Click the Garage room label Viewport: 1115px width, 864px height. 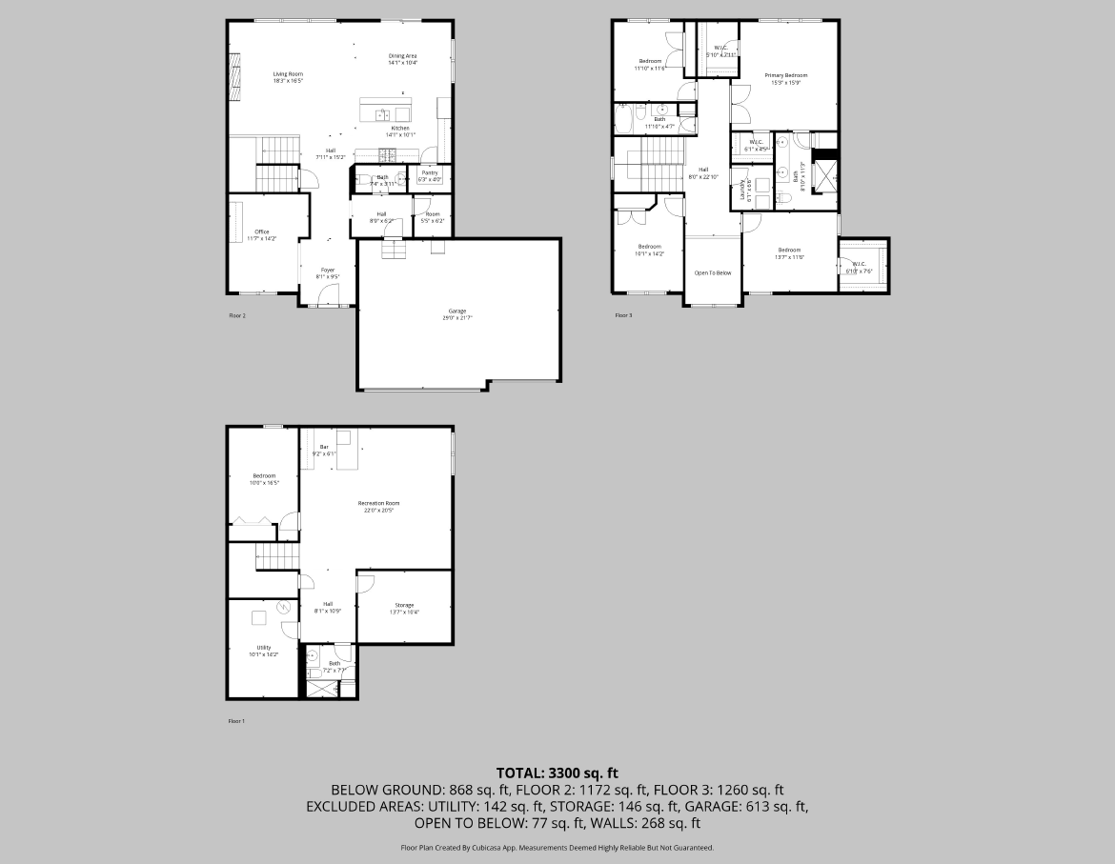pyautogui.click(x=457, y=311)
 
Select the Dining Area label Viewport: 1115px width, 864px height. pyautogui.click(x=402, y=56)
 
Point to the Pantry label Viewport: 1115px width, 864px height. pyautogui.click(x=430, y=172)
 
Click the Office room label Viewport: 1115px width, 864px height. pyautogui.click(x=262, y=231)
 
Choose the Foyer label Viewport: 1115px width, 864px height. pyautogui.click(x=327, y=270)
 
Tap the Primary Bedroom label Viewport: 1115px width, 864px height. pyautogui.click(x=785, y=75)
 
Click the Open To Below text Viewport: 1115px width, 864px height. pyautogui.click(x=712, y=272)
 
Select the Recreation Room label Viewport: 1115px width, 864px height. pyautogui.click(x=378, y=503)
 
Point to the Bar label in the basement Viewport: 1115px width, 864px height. pyautogui.click(x=324, y=447)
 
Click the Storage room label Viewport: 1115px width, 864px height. pyautogui.click(x=404, y=605)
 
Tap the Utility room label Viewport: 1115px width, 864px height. pyautogui.click(x=264, y=648)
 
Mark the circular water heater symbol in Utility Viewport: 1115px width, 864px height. pyautogui.click(x=283, y=608)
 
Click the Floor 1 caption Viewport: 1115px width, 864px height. pyautogui.click(x=236, y=721)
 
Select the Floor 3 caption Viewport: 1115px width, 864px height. pyautogui.click(x=622, y=315)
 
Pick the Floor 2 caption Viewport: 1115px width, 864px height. pyautogui.click(x=237, y=315)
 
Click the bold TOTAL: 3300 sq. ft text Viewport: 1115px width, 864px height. pyautogui.click(x=557, y=773)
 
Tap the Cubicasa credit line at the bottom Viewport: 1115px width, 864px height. pyautogui.click(x=557, y=847)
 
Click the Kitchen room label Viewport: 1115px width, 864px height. pyautogui.click(x=400, y=128)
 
